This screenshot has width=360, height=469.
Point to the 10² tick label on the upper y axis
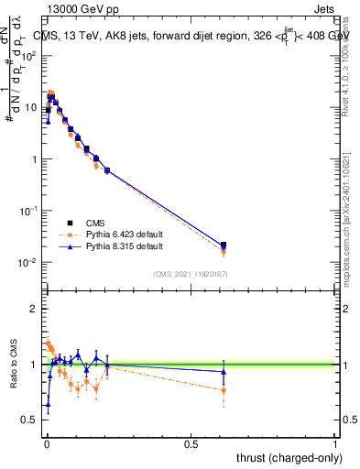click(x=29, y=56)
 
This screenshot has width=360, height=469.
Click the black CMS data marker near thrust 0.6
click(x=224, y=245)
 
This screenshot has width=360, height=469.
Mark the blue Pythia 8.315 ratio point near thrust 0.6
click(x=224, y=371)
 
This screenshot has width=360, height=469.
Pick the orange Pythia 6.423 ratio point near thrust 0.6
click(x=224, y=390)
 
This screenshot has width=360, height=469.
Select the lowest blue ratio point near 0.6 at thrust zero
click(x=48, y=404)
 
